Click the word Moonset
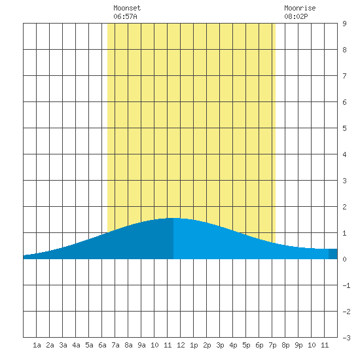(127, 8)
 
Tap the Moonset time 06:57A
(125, 16)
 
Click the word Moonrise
(300, 8)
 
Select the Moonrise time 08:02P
(296, 16)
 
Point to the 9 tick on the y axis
(344, 24)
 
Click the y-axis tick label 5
(344, 128)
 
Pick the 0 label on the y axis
(344, 259)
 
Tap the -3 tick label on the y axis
(346, 338)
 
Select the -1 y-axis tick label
(346, 285)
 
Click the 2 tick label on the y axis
(344, 207)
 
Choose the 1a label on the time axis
(37, 345)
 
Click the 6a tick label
(102, 345)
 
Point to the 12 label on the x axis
(181, 345)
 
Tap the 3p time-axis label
(220, 345)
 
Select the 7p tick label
(272, 345)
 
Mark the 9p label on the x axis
(298, 345)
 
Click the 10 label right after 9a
(154, 345)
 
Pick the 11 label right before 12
(168, 345)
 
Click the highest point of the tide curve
(173, 218)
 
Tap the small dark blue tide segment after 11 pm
(333, 254)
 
